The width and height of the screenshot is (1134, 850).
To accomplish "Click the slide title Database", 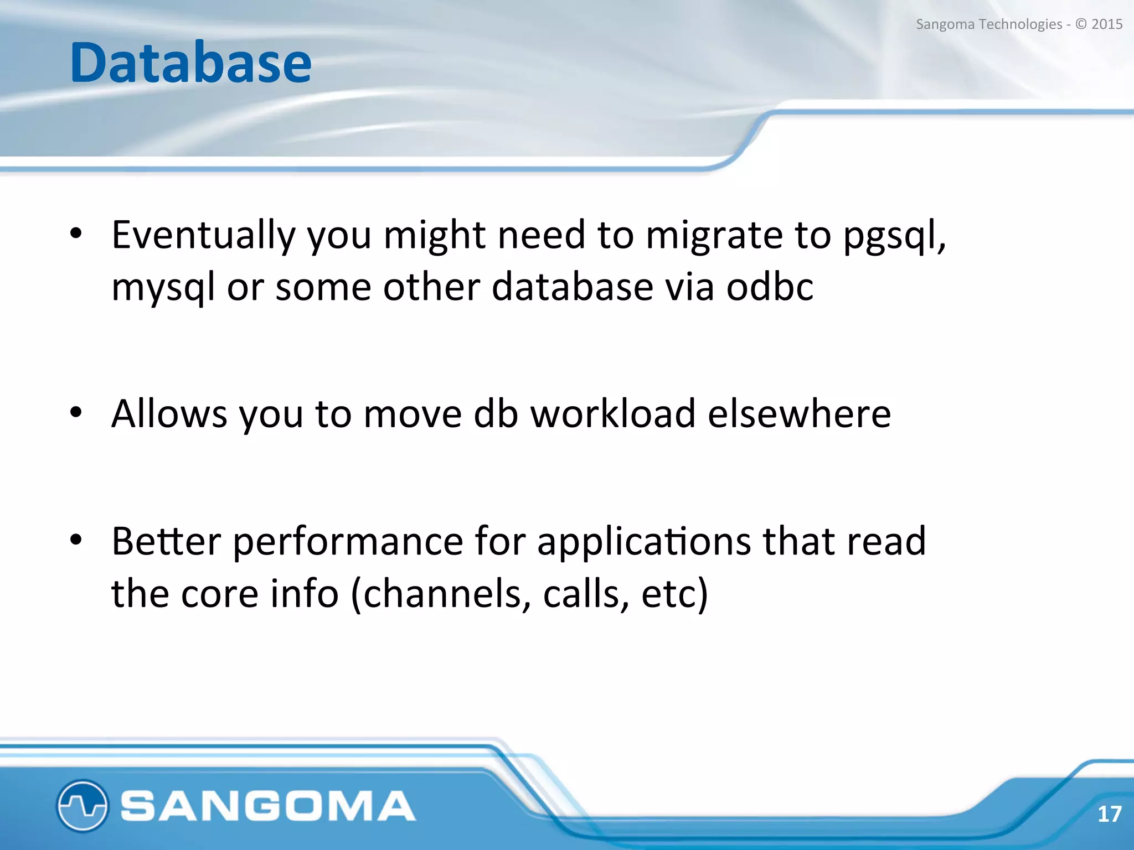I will click(x=190, y=63).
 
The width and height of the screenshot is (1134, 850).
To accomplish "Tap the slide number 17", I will click(x=1109, y=814).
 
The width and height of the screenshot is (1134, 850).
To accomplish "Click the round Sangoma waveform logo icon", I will click(x=82, y=806).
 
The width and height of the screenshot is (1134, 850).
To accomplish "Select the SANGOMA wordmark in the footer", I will click(x=268, y=806).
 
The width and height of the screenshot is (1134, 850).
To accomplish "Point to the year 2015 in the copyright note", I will click(x=1106, y=24).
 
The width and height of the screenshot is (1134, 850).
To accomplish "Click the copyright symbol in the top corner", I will click(x=1081, y=24).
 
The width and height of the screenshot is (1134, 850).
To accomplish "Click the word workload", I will click(x=613, y=414).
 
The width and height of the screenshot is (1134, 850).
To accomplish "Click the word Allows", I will click(x=169, y=414).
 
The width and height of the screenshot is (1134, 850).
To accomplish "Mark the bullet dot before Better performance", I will click(x=76, y=540).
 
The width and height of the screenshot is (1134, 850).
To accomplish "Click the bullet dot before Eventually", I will click(x=76, y=234).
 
